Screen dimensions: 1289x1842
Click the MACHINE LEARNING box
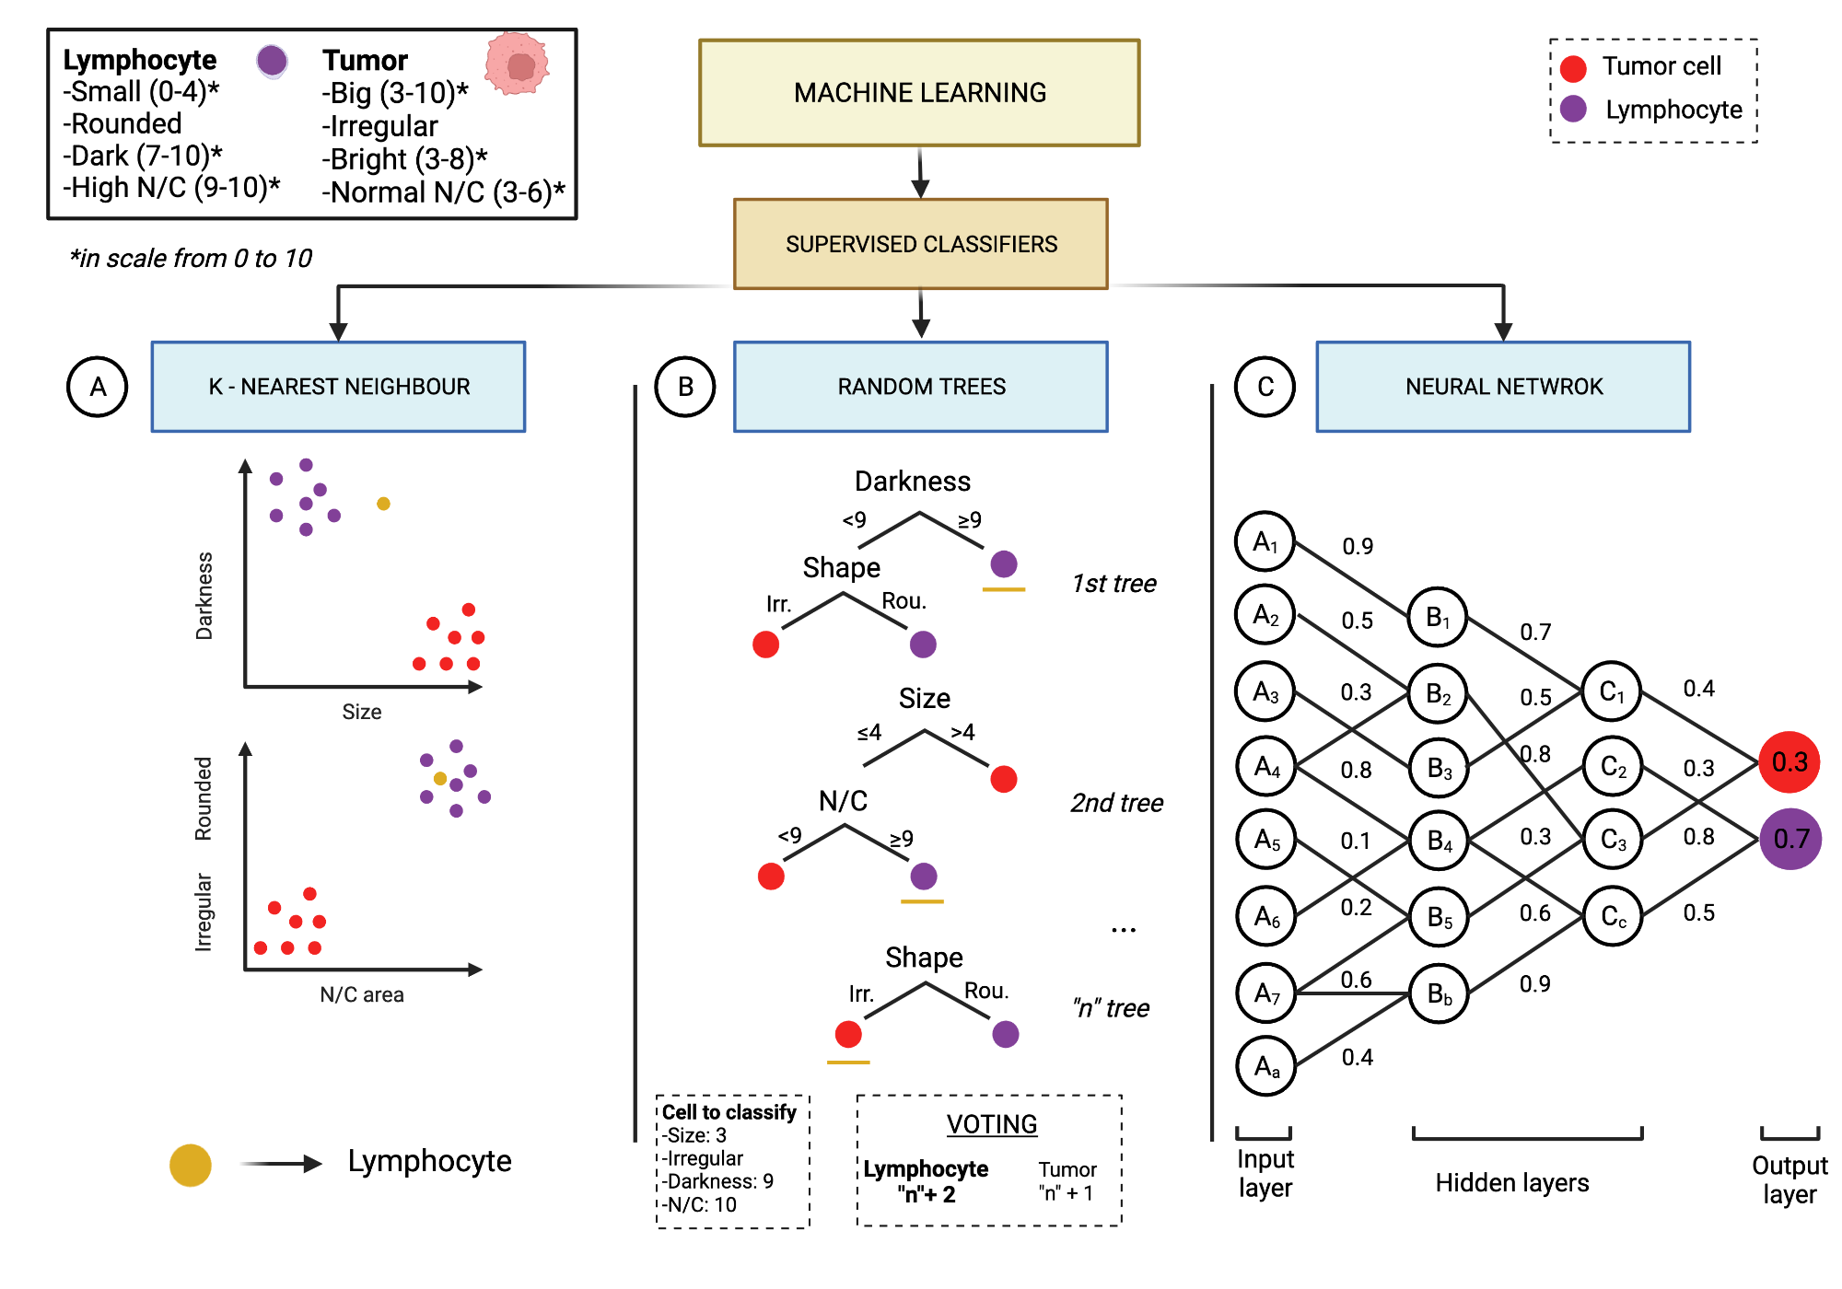pos(919,92)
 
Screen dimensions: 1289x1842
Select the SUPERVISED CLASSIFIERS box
pos(921,244)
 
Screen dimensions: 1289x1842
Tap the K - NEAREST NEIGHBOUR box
pos(338,387)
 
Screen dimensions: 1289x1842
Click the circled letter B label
pos(685,387)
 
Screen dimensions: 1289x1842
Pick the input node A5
pos(1265,840)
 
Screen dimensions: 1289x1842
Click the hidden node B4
pos(1439,840)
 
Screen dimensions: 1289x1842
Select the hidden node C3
pos(1613,840)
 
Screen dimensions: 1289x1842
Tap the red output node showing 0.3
pos(1790,762)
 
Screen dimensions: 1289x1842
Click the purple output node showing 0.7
pos(1790,839)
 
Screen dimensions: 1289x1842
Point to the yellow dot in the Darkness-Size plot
pos(383,504)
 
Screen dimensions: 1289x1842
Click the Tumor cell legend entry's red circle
pos(1573,67)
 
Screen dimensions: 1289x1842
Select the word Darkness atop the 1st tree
pos(912,482)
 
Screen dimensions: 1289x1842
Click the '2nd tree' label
pos(1116,803)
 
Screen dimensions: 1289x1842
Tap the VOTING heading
pos(992,1124)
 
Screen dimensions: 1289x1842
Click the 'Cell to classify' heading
pos(729,1112)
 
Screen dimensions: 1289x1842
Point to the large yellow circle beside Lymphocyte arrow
pos(191,1165)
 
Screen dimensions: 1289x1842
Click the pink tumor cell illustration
pos(517,64)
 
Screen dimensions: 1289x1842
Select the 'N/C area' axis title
pos(361,994)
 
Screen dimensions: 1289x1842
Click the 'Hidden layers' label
pos(1511,1182)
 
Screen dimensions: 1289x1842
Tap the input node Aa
pos(1265,1066)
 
